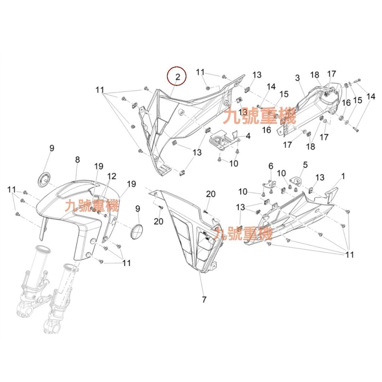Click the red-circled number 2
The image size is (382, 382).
[178, 77]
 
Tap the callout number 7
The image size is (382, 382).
[204, 300]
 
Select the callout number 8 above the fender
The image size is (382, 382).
[77, 160]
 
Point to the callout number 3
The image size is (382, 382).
[297, 78]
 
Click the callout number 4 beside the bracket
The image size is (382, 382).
[248, 136]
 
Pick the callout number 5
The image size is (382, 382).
[305, 165]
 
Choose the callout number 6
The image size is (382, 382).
[271, 166]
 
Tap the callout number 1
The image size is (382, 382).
[343, 176]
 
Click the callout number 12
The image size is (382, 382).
[112, 176]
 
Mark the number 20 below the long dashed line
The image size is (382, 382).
[158, 222]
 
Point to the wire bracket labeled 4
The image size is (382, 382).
[224, 141]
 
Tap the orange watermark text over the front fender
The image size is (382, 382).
[92, 206]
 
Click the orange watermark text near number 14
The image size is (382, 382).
[260, 116]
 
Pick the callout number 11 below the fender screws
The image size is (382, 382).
[126, 263]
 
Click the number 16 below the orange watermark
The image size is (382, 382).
[266, 130]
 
